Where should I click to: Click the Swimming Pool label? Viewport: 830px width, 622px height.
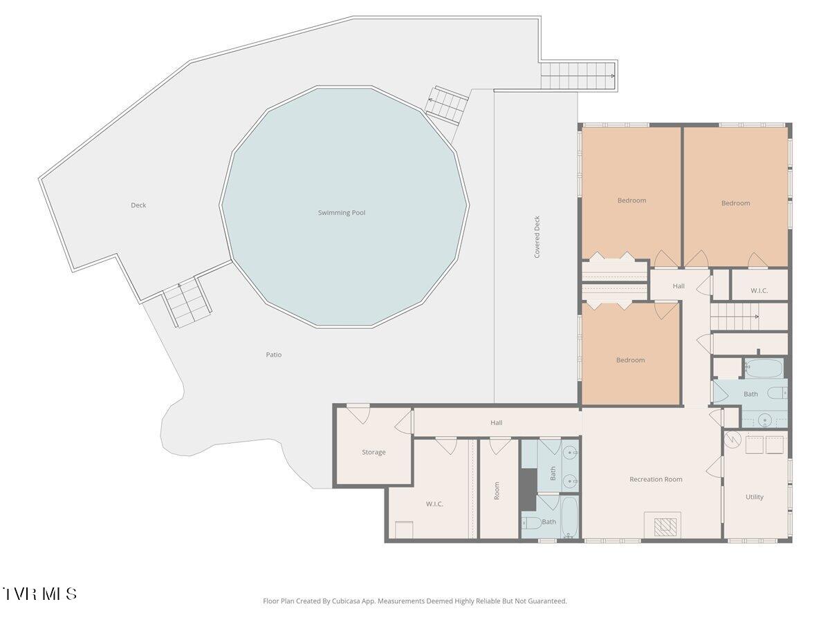pos(342,213)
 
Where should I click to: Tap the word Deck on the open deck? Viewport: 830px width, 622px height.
pos(138,205)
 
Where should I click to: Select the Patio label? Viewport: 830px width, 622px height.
pos(274,355)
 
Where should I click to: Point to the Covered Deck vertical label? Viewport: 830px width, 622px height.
pos(537,237)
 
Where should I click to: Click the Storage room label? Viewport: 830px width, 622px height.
pos(373,452)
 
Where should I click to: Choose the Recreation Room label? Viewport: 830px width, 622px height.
pos(656,479)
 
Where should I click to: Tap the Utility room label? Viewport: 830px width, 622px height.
pos(755,497)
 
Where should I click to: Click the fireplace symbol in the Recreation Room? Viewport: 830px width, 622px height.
pos(665,527)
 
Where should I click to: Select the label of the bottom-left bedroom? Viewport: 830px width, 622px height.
pos(630,360)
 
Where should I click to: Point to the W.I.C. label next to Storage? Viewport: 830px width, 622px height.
pos(434,504)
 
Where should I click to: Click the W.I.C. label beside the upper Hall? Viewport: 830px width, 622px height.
pos(759,290)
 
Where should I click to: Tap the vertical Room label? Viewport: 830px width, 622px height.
pos(497,491)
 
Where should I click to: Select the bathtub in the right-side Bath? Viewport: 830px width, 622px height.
pos(764,368)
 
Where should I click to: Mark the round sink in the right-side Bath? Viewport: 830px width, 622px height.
pos(765,420)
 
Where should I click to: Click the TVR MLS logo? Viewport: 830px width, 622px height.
pos(39,593)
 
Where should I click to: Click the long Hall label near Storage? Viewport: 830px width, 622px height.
pos(496,422)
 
